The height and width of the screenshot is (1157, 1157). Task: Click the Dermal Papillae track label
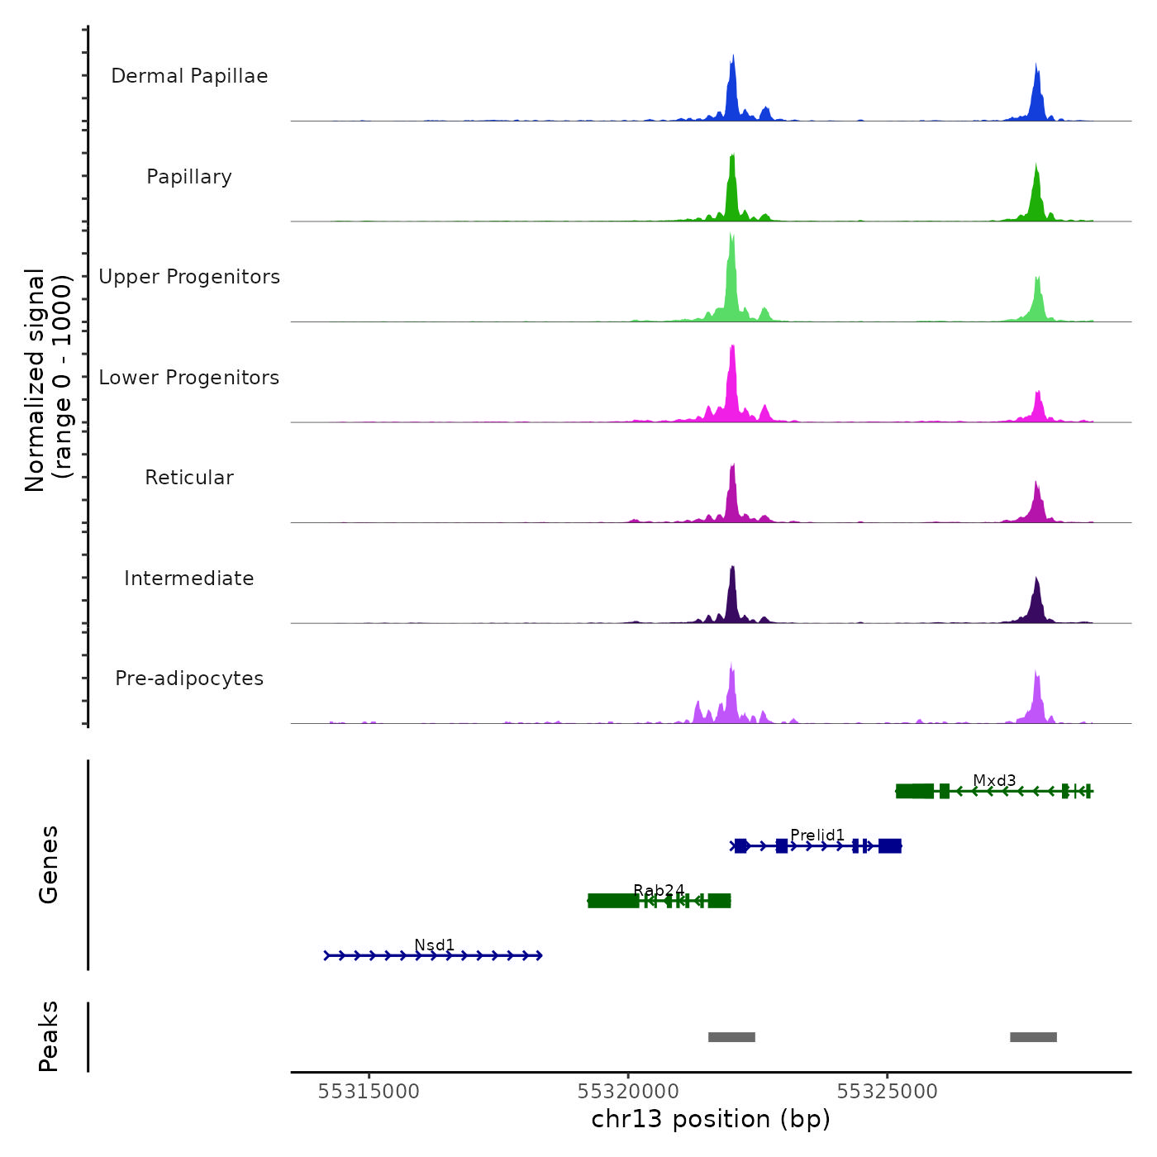coord(189,76)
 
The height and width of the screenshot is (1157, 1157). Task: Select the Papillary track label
coord(189,177)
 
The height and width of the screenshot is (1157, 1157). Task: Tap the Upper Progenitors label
coord(189,277)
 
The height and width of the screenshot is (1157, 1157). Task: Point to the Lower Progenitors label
coord(189,378)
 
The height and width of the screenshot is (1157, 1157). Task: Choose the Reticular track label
coord(189,478)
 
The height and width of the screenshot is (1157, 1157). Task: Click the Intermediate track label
coord(189,578)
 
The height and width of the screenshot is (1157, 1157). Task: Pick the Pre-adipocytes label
coord(189,678)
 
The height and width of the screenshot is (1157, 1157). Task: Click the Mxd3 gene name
coord(994,780)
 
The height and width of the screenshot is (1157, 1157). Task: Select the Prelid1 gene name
coord(817,835)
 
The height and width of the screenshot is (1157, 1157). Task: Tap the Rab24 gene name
coord(659,890)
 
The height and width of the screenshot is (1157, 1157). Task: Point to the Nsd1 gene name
coord(435,945)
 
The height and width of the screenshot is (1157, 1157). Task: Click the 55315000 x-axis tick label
coord(369,1091)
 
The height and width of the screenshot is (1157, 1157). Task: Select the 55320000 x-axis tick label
coord(628,1091)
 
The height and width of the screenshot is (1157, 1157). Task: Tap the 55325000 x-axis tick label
coord(888,1091)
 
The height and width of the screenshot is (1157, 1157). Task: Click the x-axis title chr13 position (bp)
coord(711,1119)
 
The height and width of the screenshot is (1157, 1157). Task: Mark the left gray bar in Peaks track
coord(731,1037)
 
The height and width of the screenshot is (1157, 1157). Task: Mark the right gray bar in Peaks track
coord(1033,1037)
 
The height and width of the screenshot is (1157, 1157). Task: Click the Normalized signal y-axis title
coord(48,380)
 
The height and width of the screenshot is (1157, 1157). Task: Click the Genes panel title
coord(49,864)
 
